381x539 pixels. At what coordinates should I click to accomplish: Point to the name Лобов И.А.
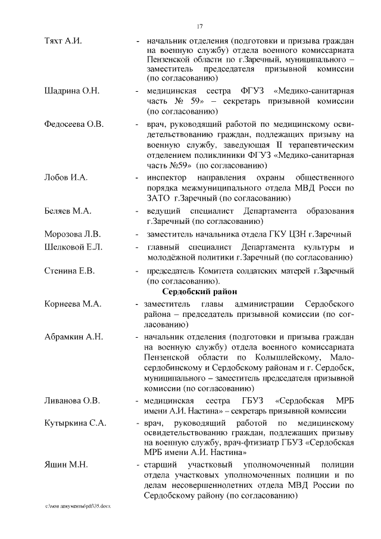click(x=65, y=178)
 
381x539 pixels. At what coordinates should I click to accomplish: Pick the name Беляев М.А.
click(x=68, y=211)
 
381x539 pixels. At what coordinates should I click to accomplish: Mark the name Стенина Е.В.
click(x=70, y=271)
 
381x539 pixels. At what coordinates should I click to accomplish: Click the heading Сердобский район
click(x=199, y=292)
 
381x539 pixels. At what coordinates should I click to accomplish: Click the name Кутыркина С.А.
click(x=75, y=423)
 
